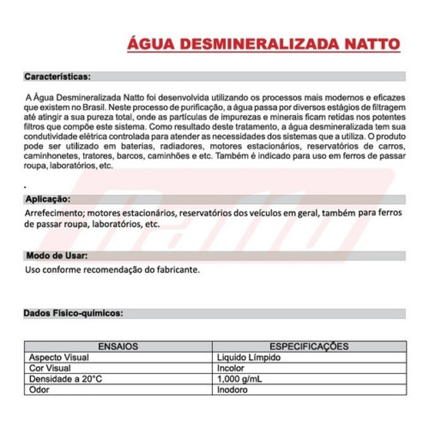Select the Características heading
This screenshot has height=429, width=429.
[x=57, y=76]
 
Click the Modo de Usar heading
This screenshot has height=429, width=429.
[x=54, y=255]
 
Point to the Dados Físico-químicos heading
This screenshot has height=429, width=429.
[x=73, y=313]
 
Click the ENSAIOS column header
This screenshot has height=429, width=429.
[x=118, y=346]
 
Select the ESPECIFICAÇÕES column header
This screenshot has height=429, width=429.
[x=308, y=346]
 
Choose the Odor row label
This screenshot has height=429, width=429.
[x=39, y=390]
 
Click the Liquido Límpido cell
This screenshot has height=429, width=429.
[x=249, y=357]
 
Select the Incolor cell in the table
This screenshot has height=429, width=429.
[x=231, y=368]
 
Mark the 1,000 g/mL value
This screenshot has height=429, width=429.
[x=240, y=379]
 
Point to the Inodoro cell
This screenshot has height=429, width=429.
[x=232, y=390]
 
